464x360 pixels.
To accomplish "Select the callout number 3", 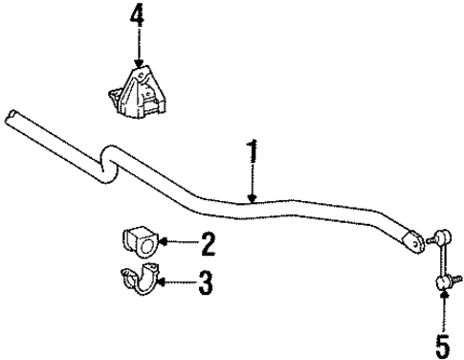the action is [x=205, y=282].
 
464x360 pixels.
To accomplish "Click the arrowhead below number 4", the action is [x=140, y=59].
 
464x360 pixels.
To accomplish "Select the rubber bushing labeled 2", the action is [x=140, y=243].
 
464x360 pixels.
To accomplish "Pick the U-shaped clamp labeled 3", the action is [x=138, y=283].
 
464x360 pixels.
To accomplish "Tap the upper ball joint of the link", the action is [x=441, y=236].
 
